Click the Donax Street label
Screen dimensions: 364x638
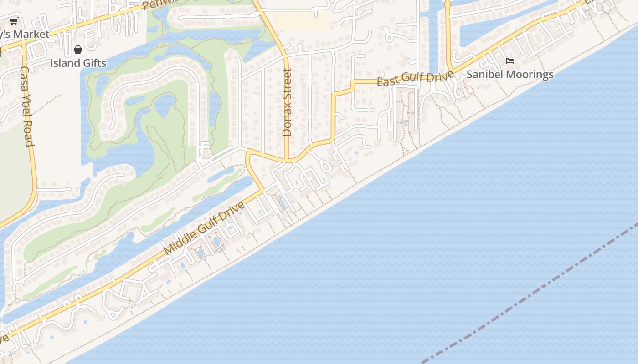(x=287, y=102)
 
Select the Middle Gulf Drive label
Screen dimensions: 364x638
(x=204, y=228)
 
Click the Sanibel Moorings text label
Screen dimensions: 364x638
(x=510, y=74)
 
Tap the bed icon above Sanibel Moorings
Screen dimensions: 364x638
(x=510, y=61)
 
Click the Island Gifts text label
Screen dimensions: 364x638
(x=78, y=63)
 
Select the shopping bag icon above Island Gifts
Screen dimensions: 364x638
(x=78, y=49)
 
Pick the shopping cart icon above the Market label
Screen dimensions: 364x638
(x=14, y=21)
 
